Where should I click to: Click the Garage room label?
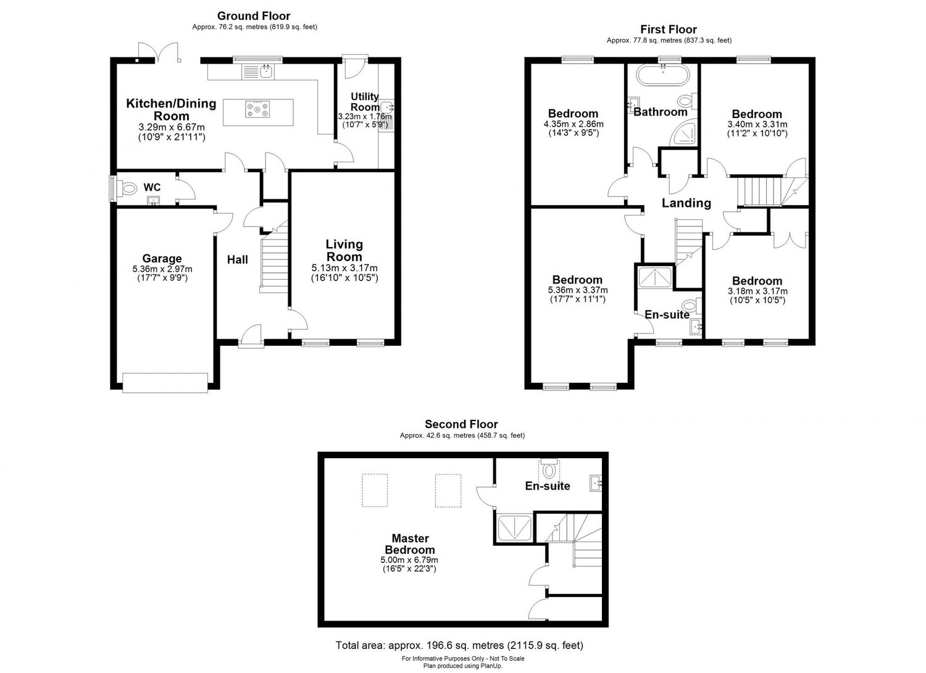(162, 259)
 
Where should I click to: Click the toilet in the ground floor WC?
(128, 187)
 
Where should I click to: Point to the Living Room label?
(344, 251)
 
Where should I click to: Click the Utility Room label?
(365, 102)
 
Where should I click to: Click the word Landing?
(686, 203)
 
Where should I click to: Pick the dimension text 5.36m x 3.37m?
(577, 290)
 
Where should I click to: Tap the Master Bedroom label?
(409, 544)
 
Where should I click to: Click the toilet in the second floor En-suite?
(548, 471)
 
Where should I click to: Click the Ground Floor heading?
(254, 16)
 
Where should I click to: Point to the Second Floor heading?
(461, 424)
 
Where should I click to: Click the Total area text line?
(459, 646)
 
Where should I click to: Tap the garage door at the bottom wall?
(165, 383)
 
